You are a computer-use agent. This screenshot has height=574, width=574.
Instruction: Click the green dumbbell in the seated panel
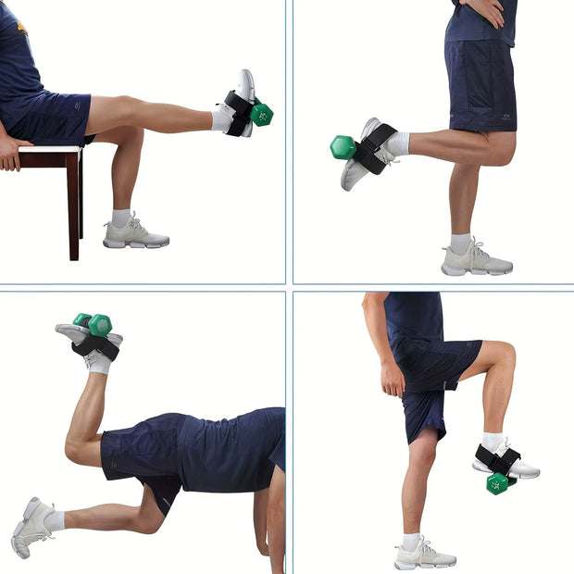point(261,113)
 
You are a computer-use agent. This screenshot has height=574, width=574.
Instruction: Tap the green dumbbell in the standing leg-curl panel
point(343,147)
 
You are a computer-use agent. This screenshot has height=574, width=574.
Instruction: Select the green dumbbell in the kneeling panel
point(94,323)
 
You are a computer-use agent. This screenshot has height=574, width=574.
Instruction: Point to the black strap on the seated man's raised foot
point(238,112)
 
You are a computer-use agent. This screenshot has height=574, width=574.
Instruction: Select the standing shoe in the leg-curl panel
point(476,261)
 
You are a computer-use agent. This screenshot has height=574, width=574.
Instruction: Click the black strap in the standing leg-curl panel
point(376,147)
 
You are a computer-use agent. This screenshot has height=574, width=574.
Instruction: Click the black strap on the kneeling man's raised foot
point(96,347)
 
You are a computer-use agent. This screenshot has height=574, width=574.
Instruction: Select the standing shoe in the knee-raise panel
point(424,555)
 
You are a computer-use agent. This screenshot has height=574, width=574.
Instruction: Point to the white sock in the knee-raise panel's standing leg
point(411,540)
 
